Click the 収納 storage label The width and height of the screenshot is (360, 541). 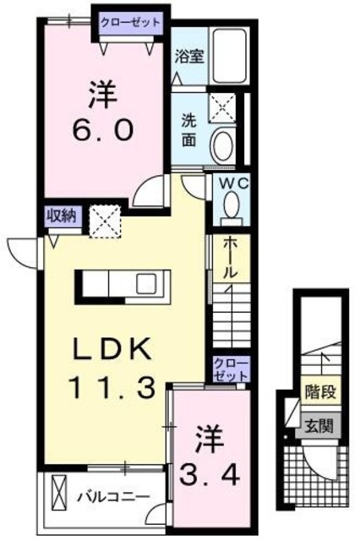coord(62,216)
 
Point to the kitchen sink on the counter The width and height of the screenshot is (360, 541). coord(145,281)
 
